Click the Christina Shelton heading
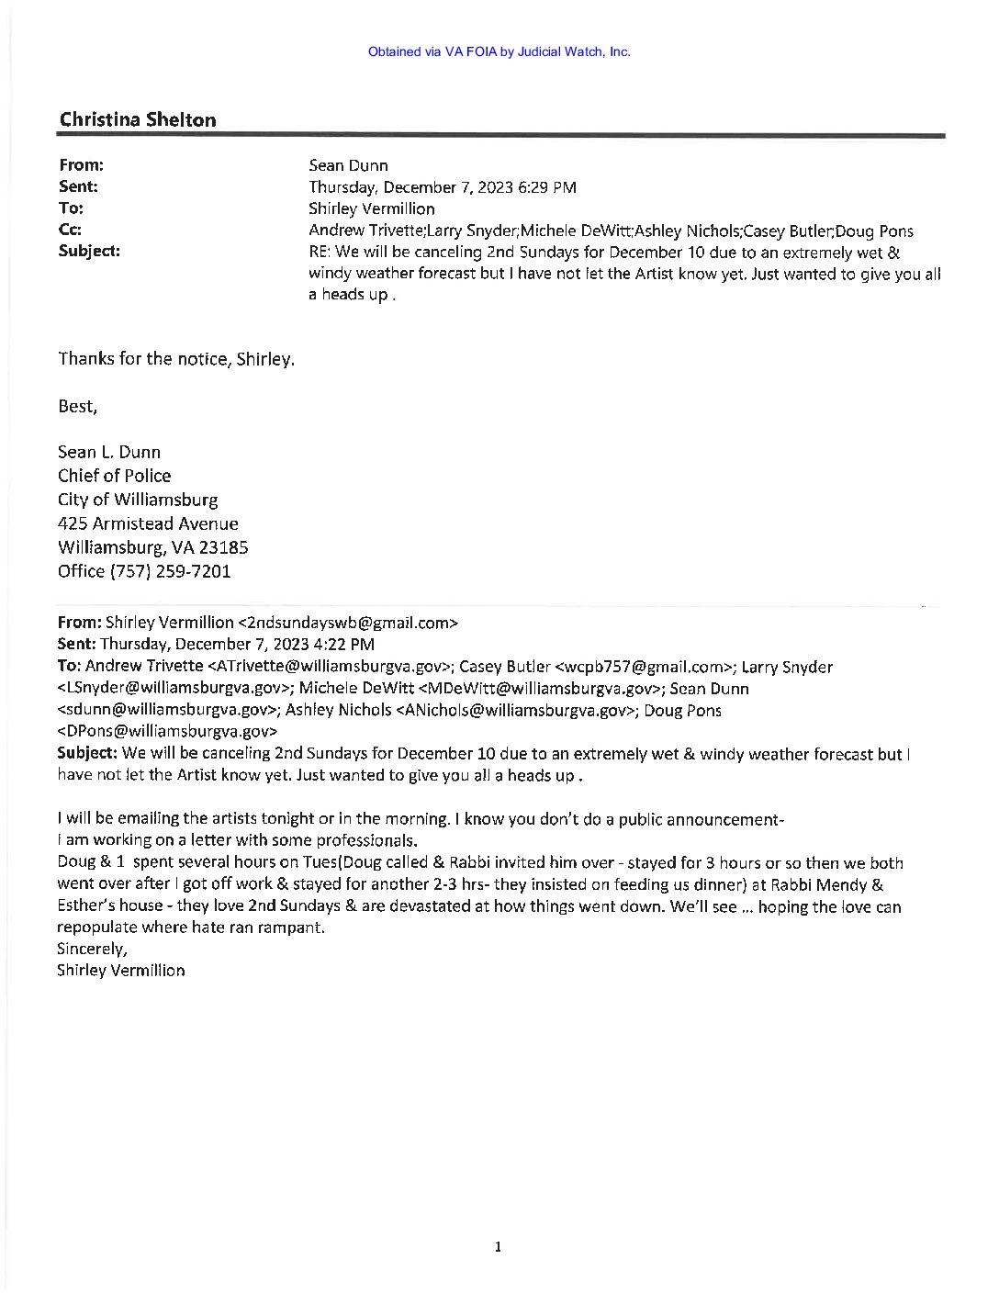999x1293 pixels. point(138,119)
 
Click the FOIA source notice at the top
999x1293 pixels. point(499,51)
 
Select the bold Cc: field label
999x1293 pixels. point(70,230)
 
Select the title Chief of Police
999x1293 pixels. point(114,476)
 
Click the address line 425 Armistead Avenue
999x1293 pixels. point(148,523)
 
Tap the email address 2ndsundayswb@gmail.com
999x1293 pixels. point(347,623)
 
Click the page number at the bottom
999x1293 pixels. point(497,1246)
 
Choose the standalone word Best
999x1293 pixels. point(77,406)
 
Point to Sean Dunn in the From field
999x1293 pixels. point(348,165)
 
